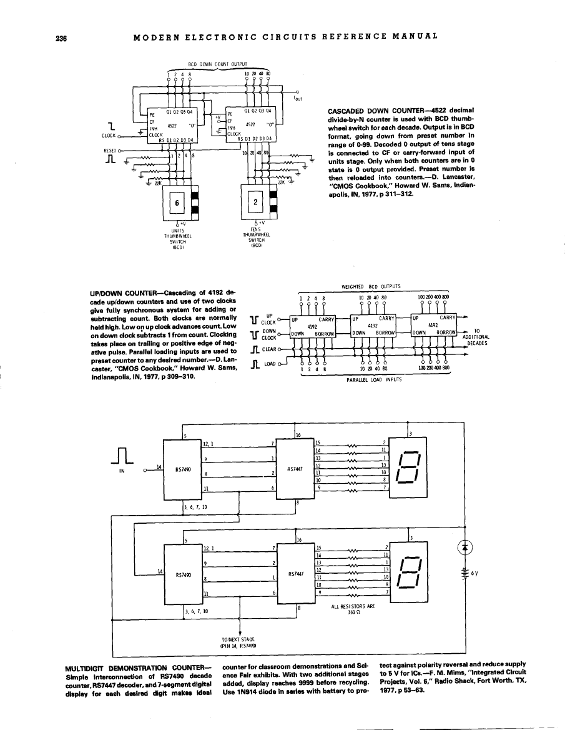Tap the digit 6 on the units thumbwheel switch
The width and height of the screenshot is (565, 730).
(x=177, y=202)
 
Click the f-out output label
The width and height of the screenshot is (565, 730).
(x=298, y=99)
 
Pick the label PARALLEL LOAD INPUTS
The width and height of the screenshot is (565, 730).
(x=368, y=377)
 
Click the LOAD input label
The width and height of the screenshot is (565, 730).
(x=270, y=364)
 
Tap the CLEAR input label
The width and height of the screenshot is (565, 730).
(x=269, y=349)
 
